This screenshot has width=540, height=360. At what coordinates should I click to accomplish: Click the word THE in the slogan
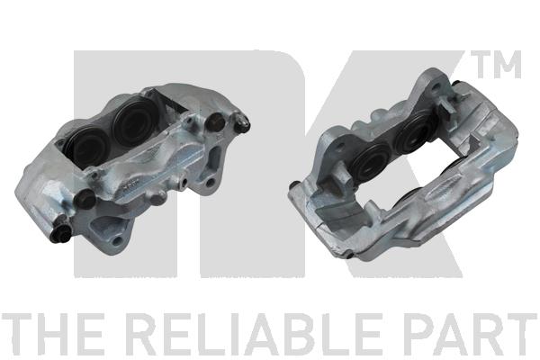[53, 334]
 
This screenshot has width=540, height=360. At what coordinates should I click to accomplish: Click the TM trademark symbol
[496, 65]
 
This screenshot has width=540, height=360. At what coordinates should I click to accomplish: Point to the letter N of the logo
[189, 164]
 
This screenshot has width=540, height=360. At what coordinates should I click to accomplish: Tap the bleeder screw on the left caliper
[242, 123]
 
